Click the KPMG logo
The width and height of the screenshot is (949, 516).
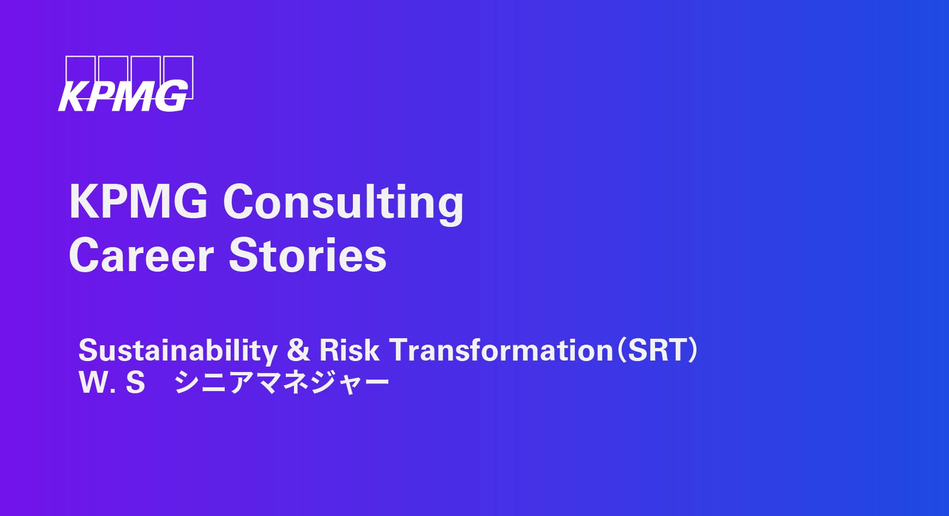click(125, 84)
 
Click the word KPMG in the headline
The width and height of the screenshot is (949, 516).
click(139, 201)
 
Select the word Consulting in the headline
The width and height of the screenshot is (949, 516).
click(344, 203)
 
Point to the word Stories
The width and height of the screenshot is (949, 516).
click(308, 255)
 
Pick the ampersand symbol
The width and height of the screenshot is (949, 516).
click(298, 350)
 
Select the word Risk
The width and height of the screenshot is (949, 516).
click(349, 350)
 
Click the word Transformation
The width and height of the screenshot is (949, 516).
click(502, 350)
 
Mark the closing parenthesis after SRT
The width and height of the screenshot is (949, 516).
click(693, 351)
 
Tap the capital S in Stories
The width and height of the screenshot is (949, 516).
click(243, 255)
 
